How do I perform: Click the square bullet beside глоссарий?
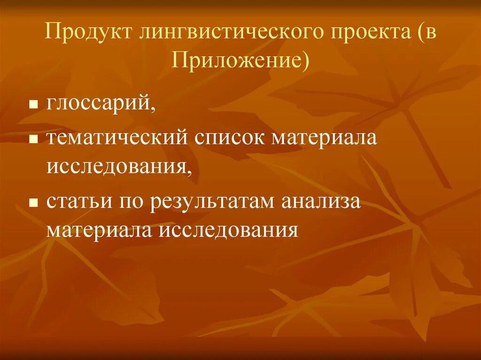(33, 103)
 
